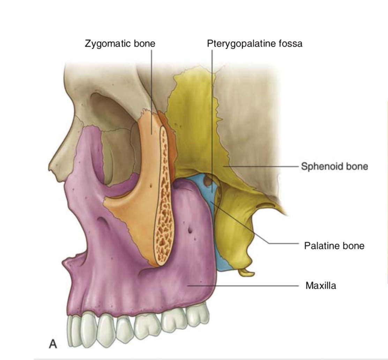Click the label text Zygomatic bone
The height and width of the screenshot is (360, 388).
pos(120,44)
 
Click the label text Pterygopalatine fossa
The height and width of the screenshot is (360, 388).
pos(254,44)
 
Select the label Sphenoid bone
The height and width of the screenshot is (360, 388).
pos(334,166)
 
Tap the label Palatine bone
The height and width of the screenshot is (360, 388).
pos(334,246)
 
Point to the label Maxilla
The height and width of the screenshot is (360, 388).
pos(321,286)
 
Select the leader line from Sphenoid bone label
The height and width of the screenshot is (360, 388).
pos(262,167)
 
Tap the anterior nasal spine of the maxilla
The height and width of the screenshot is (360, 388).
pos(64,265)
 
